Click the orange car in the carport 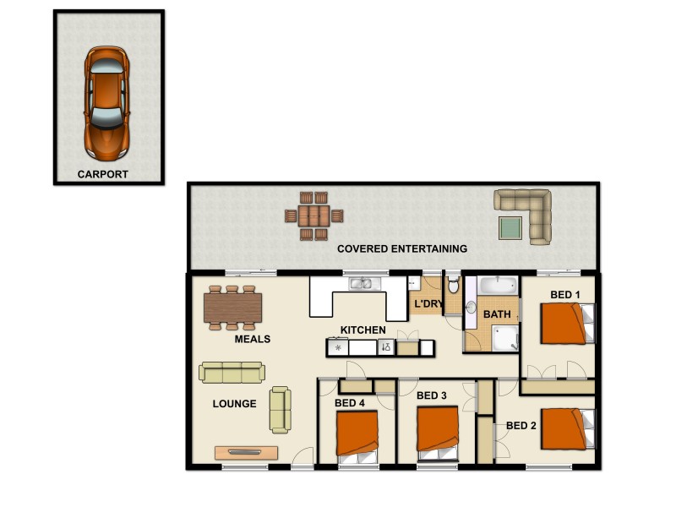point(106,101)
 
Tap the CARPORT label point(103,175)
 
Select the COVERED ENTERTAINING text point(402,248)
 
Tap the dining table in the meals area point(232,307)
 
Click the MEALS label point(252,339)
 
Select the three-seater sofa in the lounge point(232,372)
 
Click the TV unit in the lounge point(246,452)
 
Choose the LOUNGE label point(234,404)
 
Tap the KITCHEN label point(363,330)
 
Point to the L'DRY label point(428,303)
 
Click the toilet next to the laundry point(453,286)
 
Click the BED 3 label point(431,395)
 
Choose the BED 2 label point(521,425)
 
